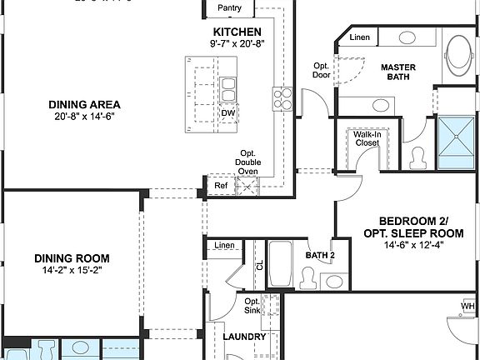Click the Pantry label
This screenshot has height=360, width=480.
click(229, 7)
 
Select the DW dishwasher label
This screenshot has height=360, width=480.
click(227, 113)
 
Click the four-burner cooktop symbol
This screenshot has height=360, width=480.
click(282, 99)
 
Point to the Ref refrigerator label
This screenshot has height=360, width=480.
click(220, 185)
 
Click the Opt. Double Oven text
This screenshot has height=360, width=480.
click(248, 162)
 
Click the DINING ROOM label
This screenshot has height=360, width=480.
click(72, 257)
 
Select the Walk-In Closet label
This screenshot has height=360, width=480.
click(366, 138)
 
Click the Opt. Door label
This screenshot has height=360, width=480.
click(322, 69)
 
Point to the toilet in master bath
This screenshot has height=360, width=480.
click(419, 156)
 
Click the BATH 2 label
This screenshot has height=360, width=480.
click(319, 255)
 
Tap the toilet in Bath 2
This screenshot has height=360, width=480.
click(307, 277)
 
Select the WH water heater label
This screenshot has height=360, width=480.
click(467, 306)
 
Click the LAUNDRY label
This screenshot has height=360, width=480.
click(245, 337)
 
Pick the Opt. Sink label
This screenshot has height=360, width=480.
click(252, 306)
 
